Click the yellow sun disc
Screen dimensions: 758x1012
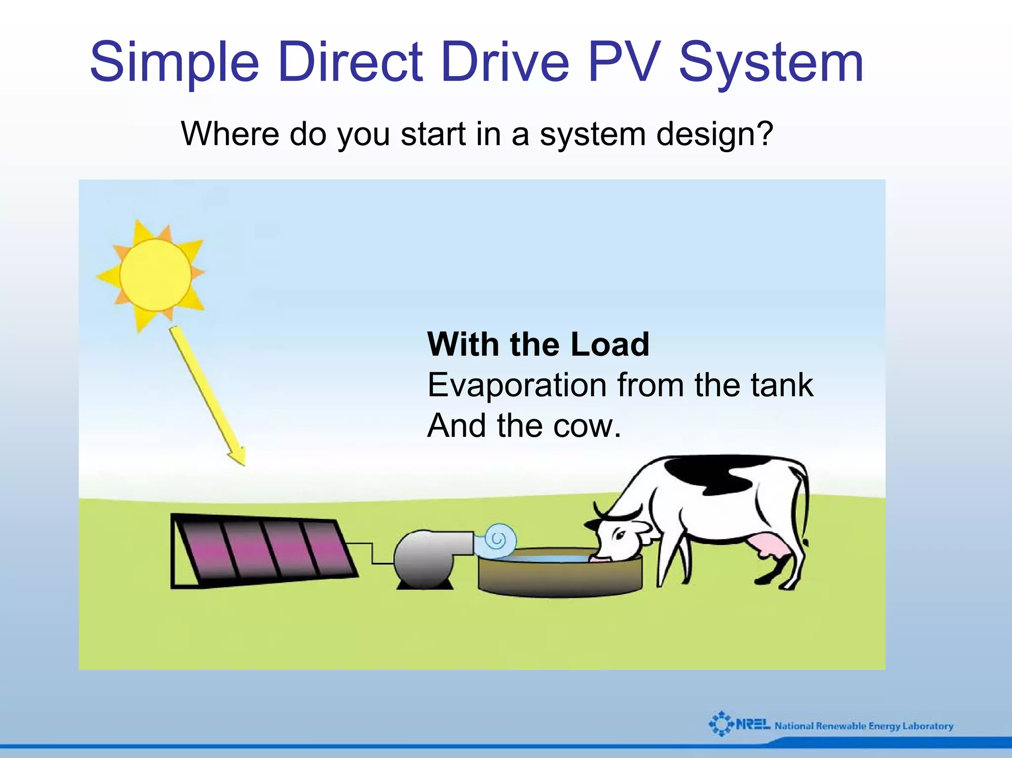(x=155, y=275)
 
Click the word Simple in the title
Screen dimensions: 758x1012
(x=174, y=63)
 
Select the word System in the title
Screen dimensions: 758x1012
(x=771, y=63)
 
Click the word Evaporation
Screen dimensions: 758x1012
(x=516, y=385)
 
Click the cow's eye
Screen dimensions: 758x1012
(x=620, y=536)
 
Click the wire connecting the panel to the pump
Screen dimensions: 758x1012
(x=372, y=553)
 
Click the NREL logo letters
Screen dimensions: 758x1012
(x=752, y=725)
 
